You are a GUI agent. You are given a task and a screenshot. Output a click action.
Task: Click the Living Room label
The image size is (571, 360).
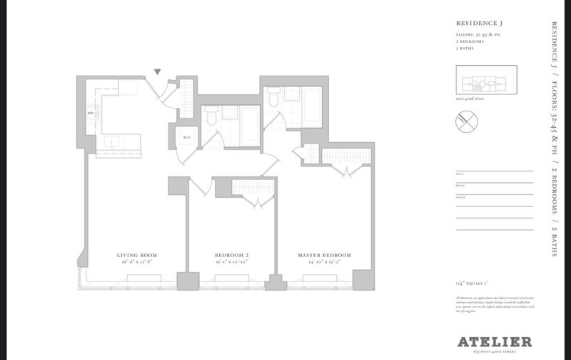[136, 255]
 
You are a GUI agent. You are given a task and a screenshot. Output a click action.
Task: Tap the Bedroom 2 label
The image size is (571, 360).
[231, 255]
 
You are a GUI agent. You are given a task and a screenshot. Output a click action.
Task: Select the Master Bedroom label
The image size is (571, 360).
[325, 255]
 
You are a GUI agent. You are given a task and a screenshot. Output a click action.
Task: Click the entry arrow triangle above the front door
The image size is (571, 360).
[158, 71]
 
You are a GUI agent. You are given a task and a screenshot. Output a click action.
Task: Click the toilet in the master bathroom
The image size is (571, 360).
[274, 100]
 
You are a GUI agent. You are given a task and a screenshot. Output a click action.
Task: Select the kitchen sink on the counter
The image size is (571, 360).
[113, 141]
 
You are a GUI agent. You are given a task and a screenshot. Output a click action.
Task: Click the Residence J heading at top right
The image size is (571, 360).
[477, 24]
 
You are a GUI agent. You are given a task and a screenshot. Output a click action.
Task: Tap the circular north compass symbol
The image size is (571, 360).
[466, 123]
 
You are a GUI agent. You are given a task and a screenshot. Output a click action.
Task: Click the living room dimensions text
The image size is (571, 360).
[136, 262]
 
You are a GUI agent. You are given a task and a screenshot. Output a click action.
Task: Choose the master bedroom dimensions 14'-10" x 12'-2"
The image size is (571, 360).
[325, 262]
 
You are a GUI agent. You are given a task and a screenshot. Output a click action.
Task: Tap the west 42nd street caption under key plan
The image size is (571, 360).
[470, 98]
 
